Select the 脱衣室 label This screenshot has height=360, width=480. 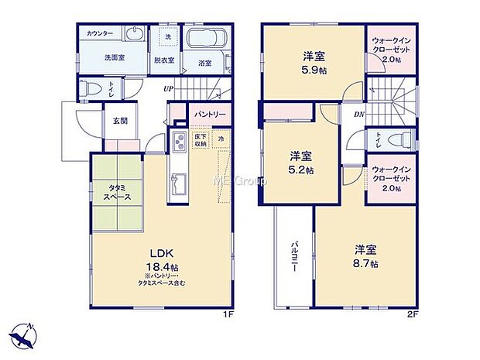point(163,60)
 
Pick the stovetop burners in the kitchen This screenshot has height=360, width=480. point(178,143)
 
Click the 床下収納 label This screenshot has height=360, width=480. point(201,140)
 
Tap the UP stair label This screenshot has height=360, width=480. point(168,88)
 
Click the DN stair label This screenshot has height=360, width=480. point(359,115)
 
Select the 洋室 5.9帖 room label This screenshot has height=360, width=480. point(312,61)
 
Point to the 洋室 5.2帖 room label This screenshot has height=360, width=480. point(302,163)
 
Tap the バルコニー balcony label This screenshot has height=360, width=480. point(293,256)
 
